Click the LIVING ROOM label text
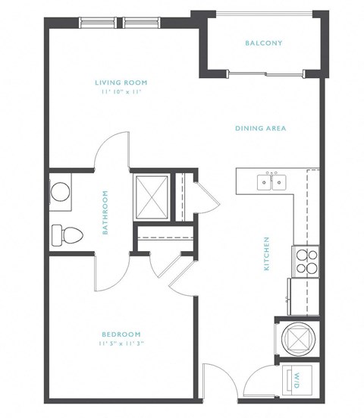click(121, 82)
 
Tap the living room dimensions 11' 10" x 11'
click(121, 91)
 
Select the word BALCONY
click(263, 43)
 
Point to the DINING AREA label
click(260, 128)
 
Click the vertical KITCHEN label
click(267, 253)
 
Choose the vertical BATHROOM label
click(105, 212)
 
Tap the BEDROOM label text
click(121, 335)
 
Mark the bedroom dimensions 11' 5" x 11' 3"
click(121, 344)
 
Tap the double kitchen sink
click(271, 181)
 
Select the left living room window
click(98, 23)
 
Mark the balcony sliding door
click(265, 73)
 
